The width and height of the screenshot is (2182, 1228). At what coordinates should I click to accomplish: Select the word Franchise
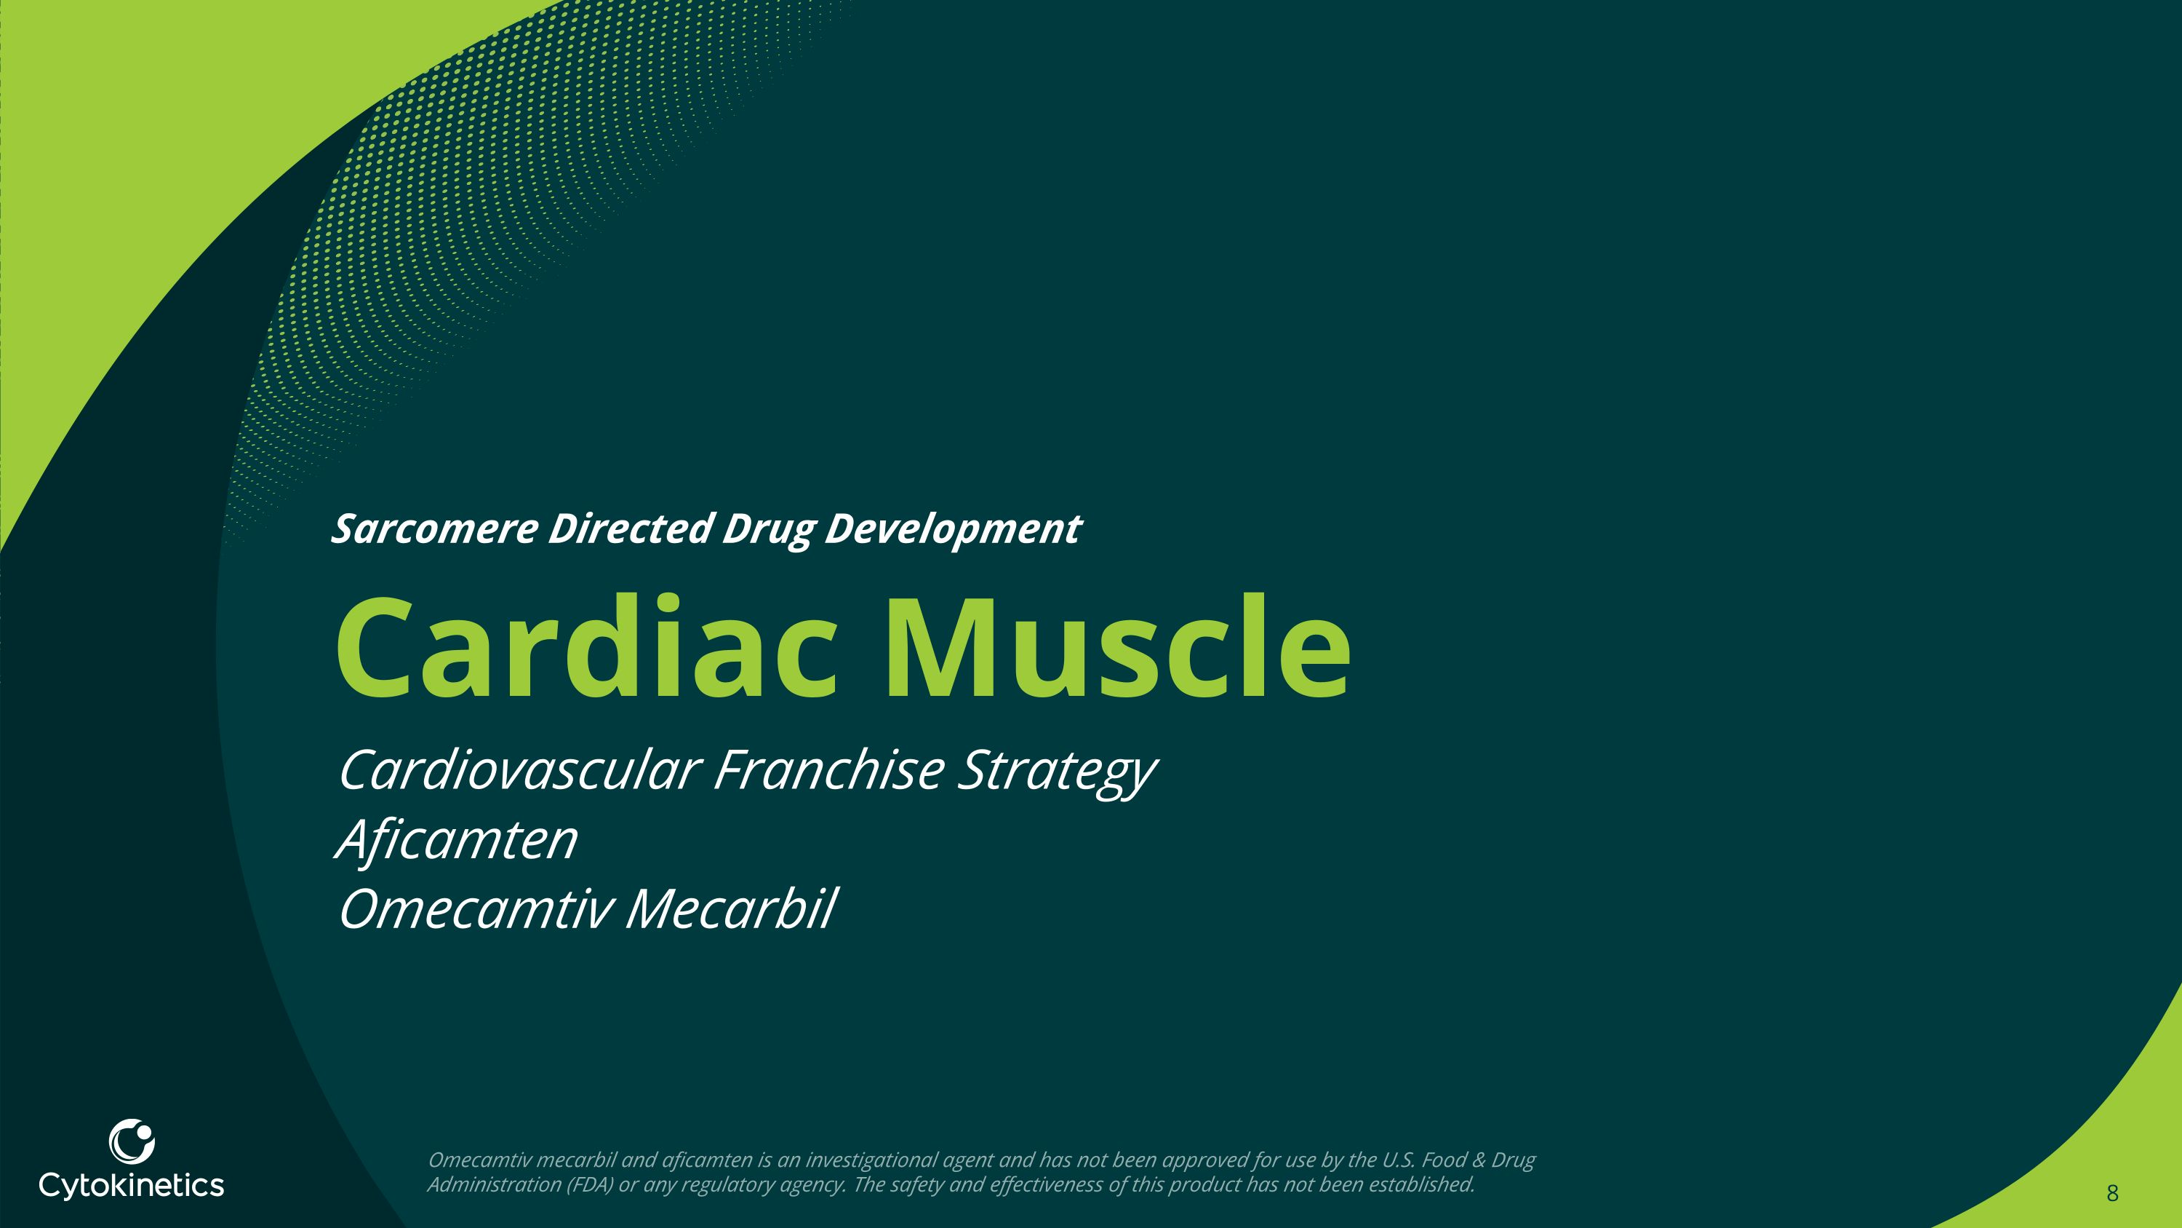pos(828,769)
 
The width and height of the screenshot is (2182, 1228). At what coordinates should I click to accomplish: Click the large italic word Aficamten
pos(458,840)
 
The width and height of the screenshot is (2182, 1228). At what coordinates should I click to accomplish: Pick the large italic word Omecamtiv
pos(475,909)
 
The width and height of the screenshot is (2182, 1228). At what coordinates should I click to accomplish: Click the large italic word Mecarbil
pos(731,909)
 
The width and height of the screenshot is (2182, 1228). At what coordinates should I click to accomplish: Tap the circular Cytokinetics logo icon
pos(132,1141)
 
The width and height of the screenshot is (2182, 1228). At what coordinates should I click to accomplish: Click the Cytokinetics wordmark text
pos(132,1185)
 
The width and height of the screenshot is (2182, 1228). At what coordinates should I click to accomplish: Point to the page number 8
pos(2111,1193)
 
